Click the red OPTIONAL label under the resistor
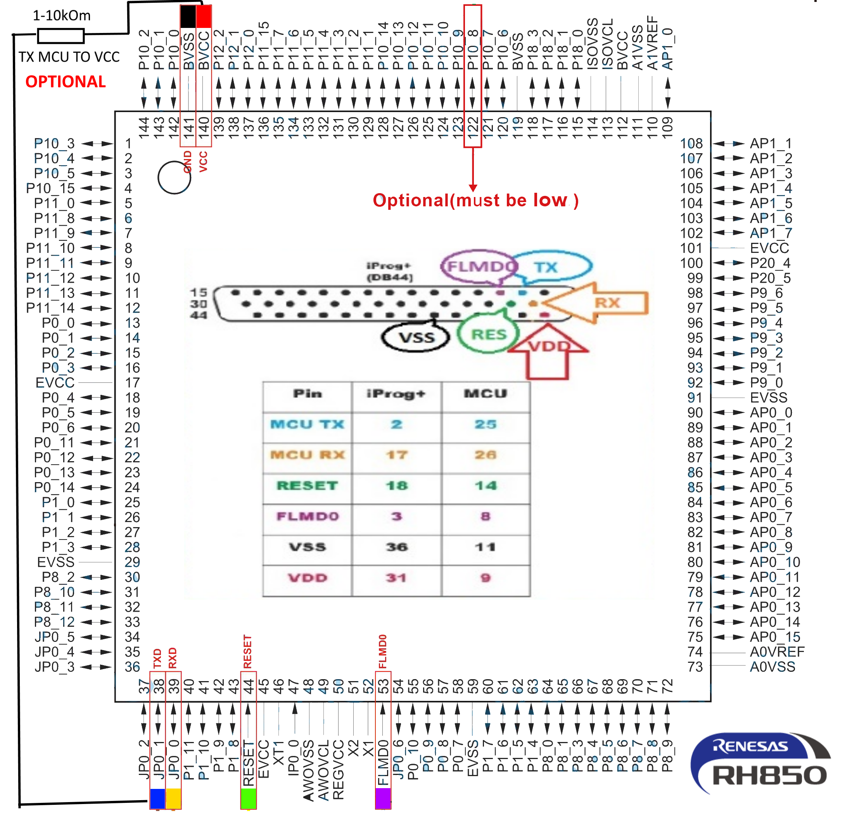point(66,82)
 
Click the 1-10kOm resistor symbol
point(61,36)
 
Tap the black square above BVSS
point(188,17)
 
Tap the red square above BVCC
point(204,17)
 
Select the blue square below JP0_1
point(157,798)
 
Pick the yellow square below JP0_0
point(173,798)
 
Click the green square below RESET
point(248,798)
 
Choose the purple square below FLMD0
point(383,798)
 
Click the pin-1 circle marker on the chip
point(174,178)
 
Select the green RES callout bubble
point(489,334)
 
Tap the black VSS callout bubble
point(416,337)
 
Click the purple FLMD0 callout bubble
point(479,266)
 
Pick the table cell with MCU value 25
point(486,424)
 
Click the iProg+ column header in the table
point(396,394)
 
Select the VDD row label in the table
point(308,578)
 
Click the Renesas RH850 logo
point(760,764)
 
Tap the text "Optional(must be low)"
point(475,201)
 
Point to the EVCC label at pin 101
point(769,248)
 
